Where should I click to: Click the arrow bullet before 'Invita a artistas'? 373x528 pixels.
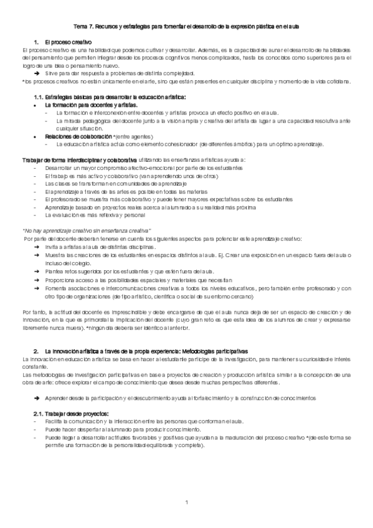[x=38, y=247]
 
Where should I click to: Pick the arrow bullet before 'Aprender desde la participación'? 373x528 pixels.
[x=38, y=380]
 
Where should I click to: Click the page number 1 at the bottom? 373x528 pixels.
[x=186, y=502]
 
